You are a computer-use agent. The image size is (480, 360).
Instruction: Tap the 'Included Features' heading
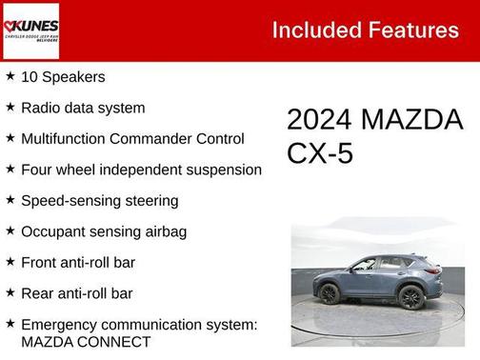pos(365,30)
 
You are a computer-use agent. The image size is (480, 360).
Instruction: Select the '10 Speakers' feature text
pos(63,77)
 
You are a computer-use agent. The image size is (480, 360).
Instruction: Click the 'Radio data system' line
pos(83,108)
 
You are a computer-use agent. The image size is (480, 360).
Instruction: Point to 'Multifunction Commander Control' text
pos(132,138)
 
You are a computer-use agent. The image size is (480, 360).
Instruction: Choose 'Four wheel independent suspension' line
pos(141,170)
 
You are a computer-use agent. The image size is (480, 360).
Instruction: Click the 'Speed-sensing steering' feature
pos(99,200)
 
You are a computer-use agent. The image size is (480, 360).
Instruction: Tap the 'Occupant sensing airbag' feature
pos(103,231)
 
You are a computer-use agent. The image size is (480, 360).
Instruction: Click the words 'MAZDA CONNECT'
pos(86,341)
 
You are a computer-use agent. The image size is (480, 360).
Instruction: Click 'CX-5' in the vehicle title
pos(320,152)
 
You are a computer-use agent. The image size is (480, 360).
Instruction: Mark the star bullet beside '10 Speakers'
pos(10,76)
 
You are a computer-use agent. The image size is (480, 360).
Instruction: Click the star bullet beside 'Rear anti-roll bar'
pos(10,292)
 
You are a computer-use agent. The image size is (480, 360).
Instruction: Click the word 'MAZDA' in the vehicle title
pos(411,120)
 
